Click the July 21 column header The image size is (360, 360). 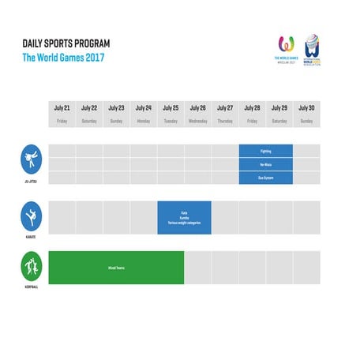click(x=62, y=114)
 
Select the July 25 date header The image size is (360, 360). click(x=171, y=114)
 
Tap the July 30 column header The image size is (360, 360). click(x=306, y=114)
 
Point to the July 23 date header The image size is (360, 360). click(x=116, y=114)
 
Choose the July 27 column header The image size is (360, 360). click(x=225, y=114)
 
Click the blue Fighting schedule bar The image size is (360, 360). click(x=266, y=151)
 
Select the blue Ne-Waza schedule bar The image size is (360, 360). click(x=266, y=164)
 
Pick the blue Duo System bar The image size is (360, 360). click(x=266, y=178)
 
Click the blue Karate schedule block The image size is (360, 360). click(x=184, y=218)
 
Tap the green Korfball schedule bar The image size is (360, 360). click(x=116, y=268)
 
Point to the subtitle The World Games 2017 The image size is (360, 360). click(x=63, y=58)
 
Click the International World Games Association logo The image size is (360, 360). click(x=313, y=51)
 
